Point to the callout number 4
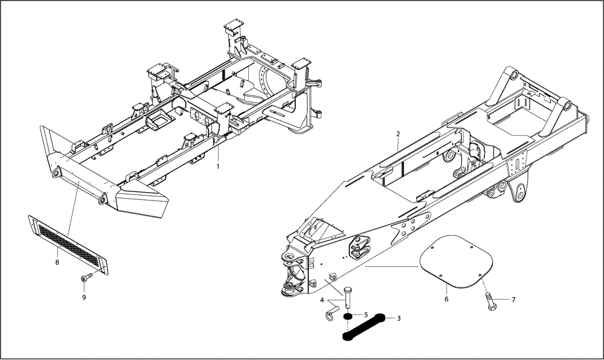pyautogui.click(x=323, y=300)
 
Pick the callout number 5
pyautogui.click(x=366, y=315)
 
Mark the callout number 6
pyautogui.click(x=446, y=298)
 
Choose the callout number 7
pyautogui.click(x=513, y=299)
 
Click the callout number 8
pyautogui.click(x=57, y=262)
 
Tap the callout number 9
pyautogui.click(x=84, y=297)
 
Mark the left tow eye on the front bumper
pyautogui.click(x=56, y=174)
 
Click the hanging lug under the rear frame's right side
pyautogui.click(x=518, y=191)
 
